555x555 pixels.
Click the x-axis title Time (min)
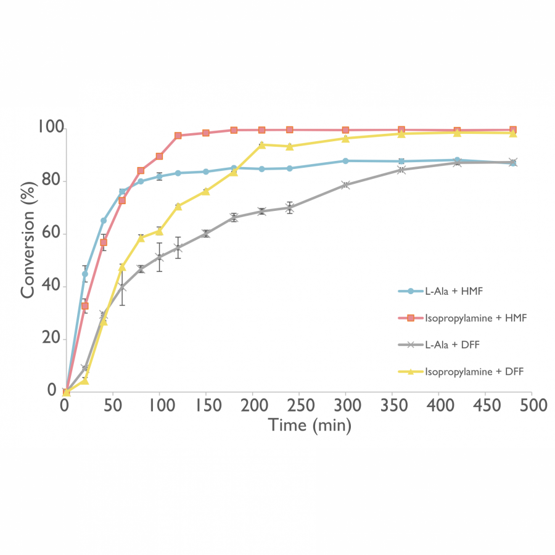coord(310,425)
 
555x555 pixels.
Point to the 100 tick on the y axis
coord(51,127)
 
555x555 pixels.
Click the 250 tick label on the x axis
coord(299,405)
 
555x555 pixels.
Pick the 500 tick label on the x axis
coord(532,405)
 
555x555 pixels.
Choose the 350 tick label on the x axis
coord(392,405)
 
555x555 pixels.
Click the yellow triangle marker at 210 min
coord(261,145)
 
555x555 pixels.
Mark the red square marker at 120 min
coord(178,136)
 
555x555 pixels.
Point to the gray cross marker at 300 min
coord(345,185)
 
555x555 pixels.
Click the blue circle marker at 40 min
coord(104,221)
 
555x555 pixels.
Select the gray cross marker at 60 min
coord(122,287)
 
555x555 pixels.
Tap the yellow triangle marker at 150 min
coord(205,191)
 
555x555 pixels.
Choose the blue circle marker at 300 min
coord(345,161)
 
